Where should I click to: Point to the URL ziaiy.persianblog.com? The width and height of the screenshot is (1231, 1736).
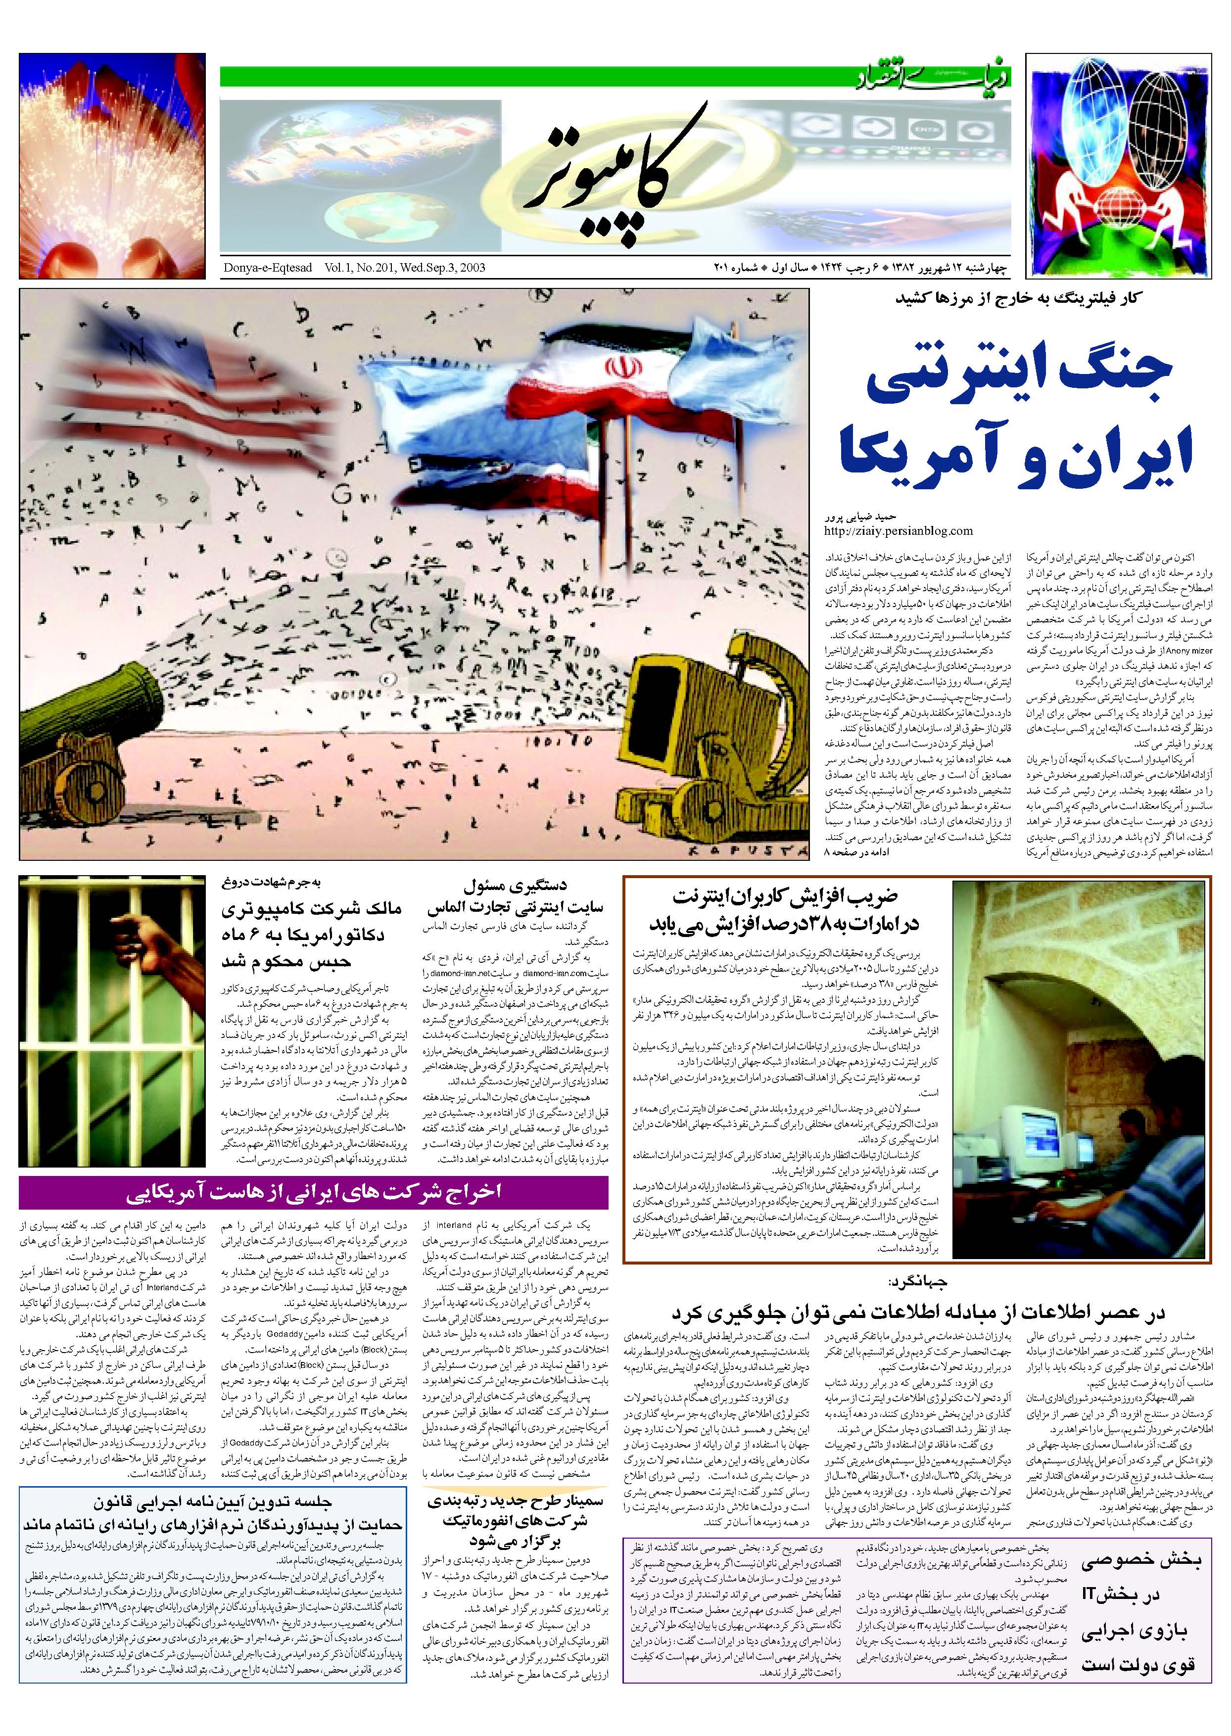[898, 530]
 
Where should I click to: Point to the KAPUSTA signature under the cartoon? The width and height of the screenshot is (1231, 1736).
[751, 851]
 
